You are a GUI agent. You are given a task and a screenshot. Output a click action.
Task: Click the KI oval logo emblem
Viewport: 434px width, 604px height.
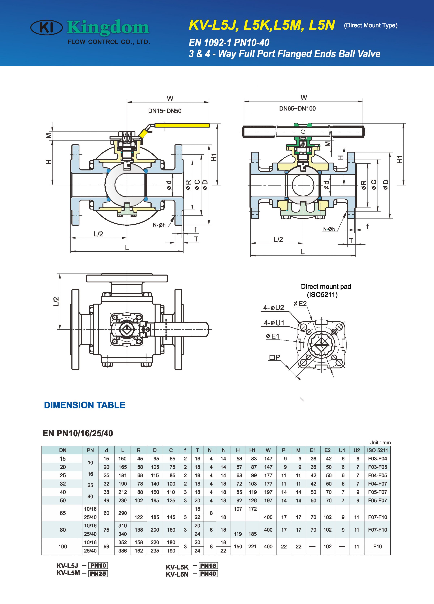pos(47,27)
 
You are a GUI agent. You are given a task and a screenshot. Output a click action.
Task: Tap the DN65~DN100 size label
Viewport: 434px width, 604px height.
pos(297,109)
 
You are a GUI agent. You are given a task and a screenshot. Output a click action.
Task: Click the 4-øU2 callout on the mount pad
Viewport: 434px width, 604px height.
pos(274,308)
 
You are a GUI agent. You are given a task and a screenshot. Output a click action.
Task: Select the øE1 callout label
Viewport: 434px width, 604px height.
pos(273,336)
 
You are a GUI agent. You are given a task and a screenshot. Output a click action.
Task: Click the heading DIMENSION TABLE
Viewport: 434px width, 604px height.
pos(84,405)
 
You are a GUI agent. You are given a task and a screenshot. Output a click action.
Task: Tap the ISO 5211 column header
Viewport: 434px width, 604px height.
pos(377,450)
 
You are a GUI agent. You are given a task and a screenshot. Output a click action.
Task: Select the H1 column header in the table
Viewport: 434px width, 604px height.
pos(252,450)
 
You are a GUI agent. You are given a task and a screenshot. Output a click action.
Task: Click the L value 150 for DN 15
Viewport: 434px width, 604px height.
pos(122,459)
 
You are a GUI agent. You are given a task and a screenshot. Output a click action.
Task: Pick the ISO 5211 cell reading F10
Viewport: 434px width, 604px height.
pos(377,547)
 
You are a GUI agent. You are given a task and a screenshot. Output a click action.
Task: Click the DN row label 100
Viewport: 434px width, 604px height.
pos(63,547)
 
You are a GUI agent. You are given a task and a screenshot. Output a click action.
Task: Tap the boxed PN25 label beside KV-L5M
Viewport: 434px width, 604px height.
pos(98,574)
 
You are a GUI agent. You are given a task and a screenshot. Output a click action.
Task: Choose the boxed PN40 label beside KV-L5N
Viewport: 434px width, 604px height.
pos(208,574)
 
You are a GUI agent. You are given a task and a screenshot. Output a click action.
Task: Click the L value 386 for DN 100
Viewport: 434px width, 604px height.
pos(122,551)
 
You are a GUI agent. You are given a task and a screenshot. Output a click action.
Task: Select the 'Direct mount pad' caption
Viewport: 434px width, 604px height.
pos(326,286)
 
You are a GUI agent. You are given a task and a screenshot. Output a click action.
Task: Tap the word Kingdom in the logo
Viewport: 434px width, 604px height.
pos(108,27)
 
